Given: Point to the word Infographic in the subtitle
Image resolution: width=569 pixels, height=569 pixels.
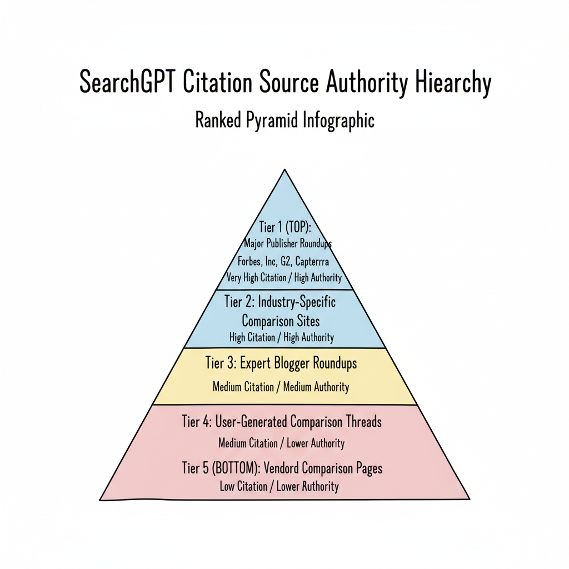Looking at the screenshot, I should click(x=338, y=120).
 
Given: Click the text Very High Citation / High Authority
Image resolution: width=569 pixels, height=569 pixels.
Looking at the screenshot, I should click(x=284, y=277).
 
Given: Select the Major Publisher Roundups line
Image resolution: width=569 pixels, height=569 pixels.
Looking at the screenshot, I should click(x=287, y=243).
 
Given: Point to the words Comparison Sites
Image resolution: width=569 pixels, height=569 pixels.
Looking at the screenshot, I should click(x=281, y=321).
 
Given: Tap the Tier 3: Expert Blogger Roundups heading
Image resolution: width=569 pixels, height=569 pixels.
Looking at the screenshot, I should click(x=281, y=363).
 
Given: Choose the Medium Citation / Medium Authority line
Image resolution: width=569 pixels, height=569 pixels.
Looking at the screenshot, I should click(x=281, y=387).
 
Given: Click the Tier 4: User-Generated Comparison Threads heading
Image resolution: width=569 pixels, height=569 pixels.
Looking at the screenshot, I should click(x=282, y=422).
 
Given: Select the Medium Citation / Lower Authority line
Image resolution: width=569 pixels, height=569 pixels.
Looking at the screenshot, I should click(x=281, y=443).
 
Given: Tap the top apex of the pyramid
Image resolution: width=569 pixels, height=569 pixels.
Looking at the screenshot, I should click(x=284, y=169).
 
